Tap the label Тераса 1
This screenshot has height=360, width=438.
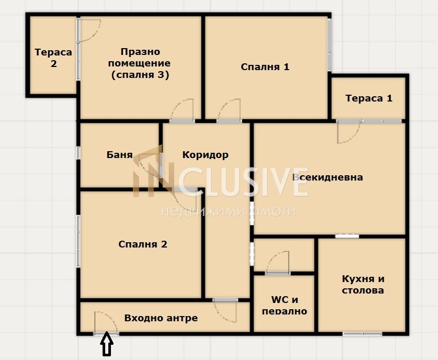click(x=369, y=98)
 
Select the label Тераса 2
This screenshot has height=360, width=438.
click(x=53, y=58)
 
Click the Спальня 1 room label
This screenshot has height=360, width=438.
click(x=265, y=67)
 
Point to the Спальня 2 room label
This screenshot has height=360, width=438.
click(x=142, y=244)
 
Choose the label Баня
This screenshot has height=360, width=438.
click(x=119, y=155)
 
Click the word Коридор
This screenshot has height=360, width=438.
click(x=205, y=155)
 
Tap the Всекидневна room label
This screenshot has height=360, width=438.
click(x=328, y=177)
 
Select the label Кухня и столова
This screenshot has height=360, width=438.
click(x=363, y=284)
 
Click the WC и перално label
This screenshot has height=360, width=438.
click(x=284, y=305)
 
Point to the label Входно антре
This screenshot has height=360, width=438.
click(x=161, y=318)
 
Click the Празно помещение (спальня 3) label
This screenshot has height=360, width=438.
click(x=139, y=63)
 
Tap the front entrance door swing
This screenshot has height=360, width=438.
click(x=105, y=322)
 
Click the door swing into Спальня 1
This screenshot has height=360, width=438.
click(x=229, y=110)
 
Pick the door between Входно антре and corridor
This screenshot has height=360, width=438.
click(x=225, y=311)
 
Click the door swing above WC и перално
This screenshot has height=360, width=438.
click(x=277, y=262)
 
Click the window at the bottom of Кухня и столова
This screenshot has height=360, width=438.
click(x=362, y=334)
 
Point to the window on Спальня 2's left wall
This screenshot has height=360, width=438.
click(x=78, y=241)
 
